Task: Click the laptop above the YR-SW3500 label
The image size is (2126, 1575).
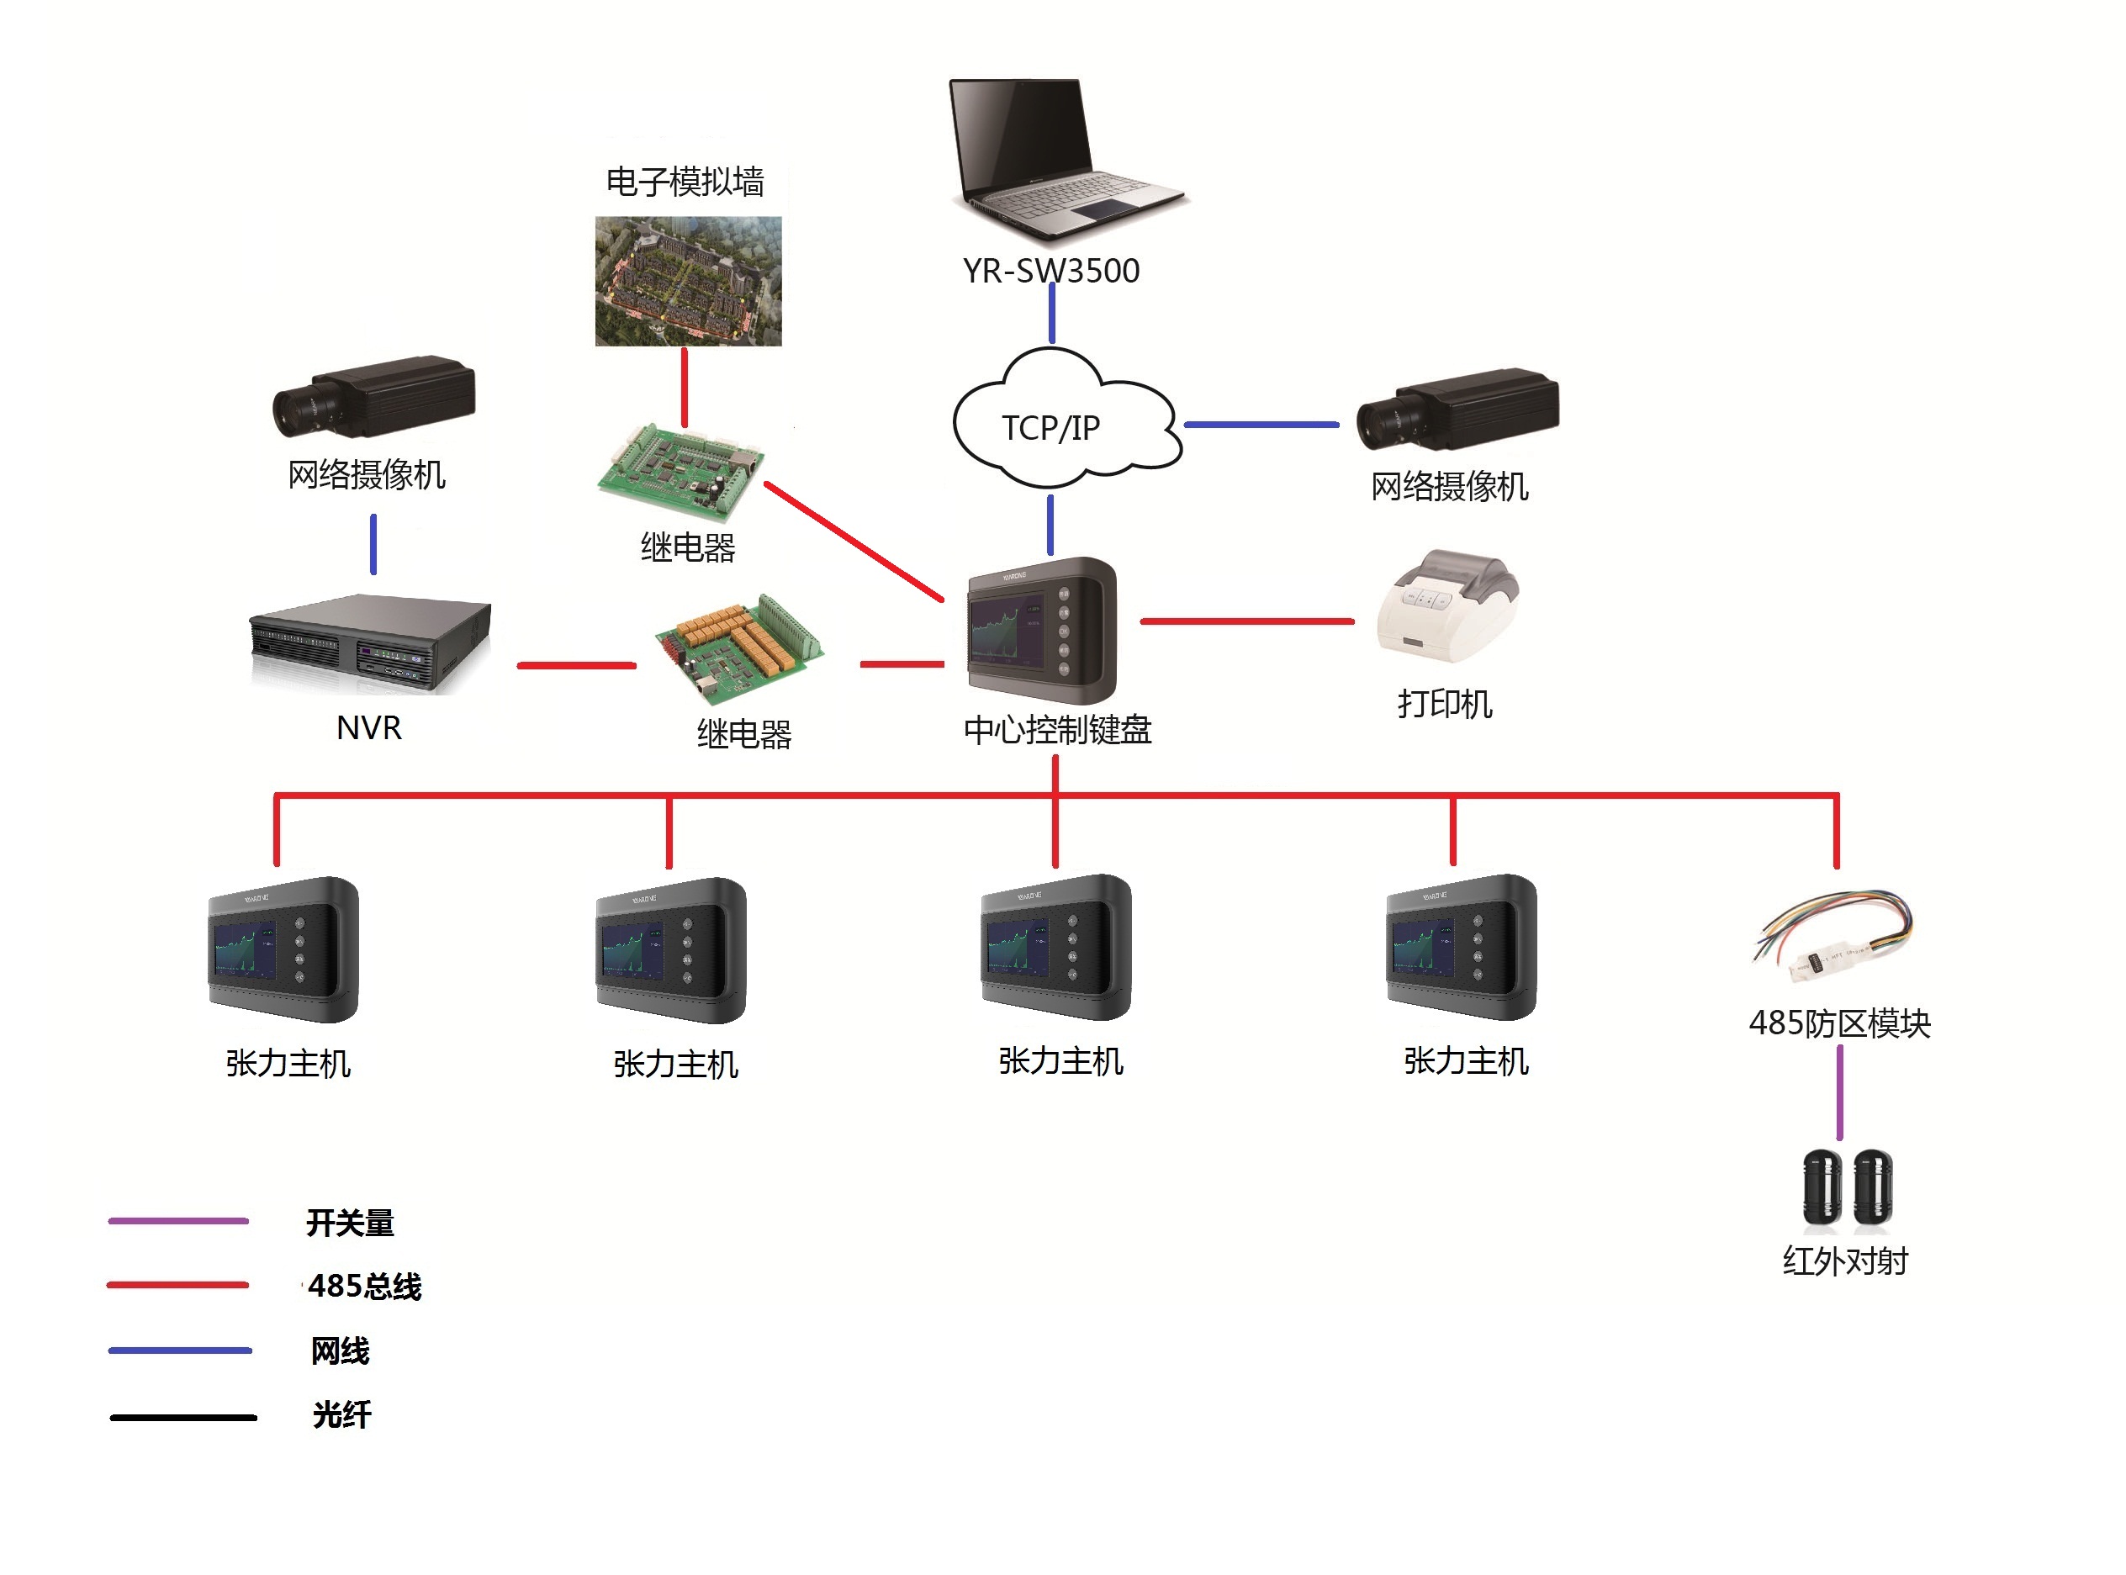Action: pos(1063,157)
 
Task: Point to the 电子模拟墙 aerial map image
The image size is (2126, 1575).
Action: pos(687,280)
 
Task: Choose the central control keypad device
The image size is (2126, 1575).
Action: pos(1040,630)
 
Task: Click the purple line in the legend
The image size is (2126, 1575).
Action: pos(178,1220)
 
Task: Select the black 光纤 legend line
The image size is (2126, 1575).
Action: pos(183,1418)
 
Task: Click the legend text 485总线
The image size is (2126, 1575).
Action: pos(364,1286)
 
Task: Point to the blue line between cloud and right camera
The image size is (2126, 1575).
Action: pos(1261,425)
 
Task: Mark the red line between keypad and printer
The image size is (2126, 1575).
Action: pos(1246,621)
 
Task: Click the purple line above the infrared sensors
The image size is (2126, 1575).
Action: pos(1839,1092)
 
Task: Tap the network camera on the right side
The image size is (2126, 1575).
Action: pos(1457,409)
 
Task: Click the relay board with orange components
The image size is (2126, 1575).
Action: pos(739,644)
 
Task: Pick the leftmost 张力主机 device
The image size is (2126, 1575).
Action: pos(283,949)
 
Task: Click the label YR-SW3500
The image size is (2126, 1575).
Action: pos(1050,271)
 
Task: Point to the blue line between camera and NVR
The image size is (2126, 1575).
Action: pos(373,544)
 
